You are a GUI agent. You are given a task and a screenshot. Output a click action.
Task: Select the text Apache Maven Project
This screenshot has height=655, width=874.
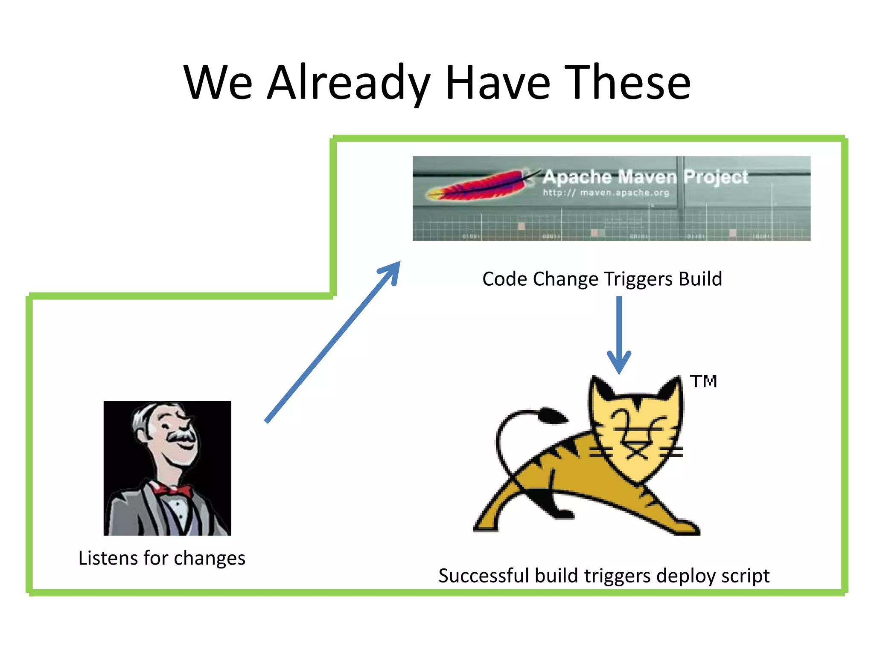tap(644, 177)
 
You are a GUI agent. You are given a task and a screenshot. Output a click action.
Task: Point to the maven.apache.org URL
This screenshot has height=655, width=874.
tap(606, 193)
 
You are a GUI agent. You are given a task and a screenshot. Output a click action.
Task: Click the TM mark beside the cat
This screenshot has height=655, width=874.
tap(703, 381)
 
